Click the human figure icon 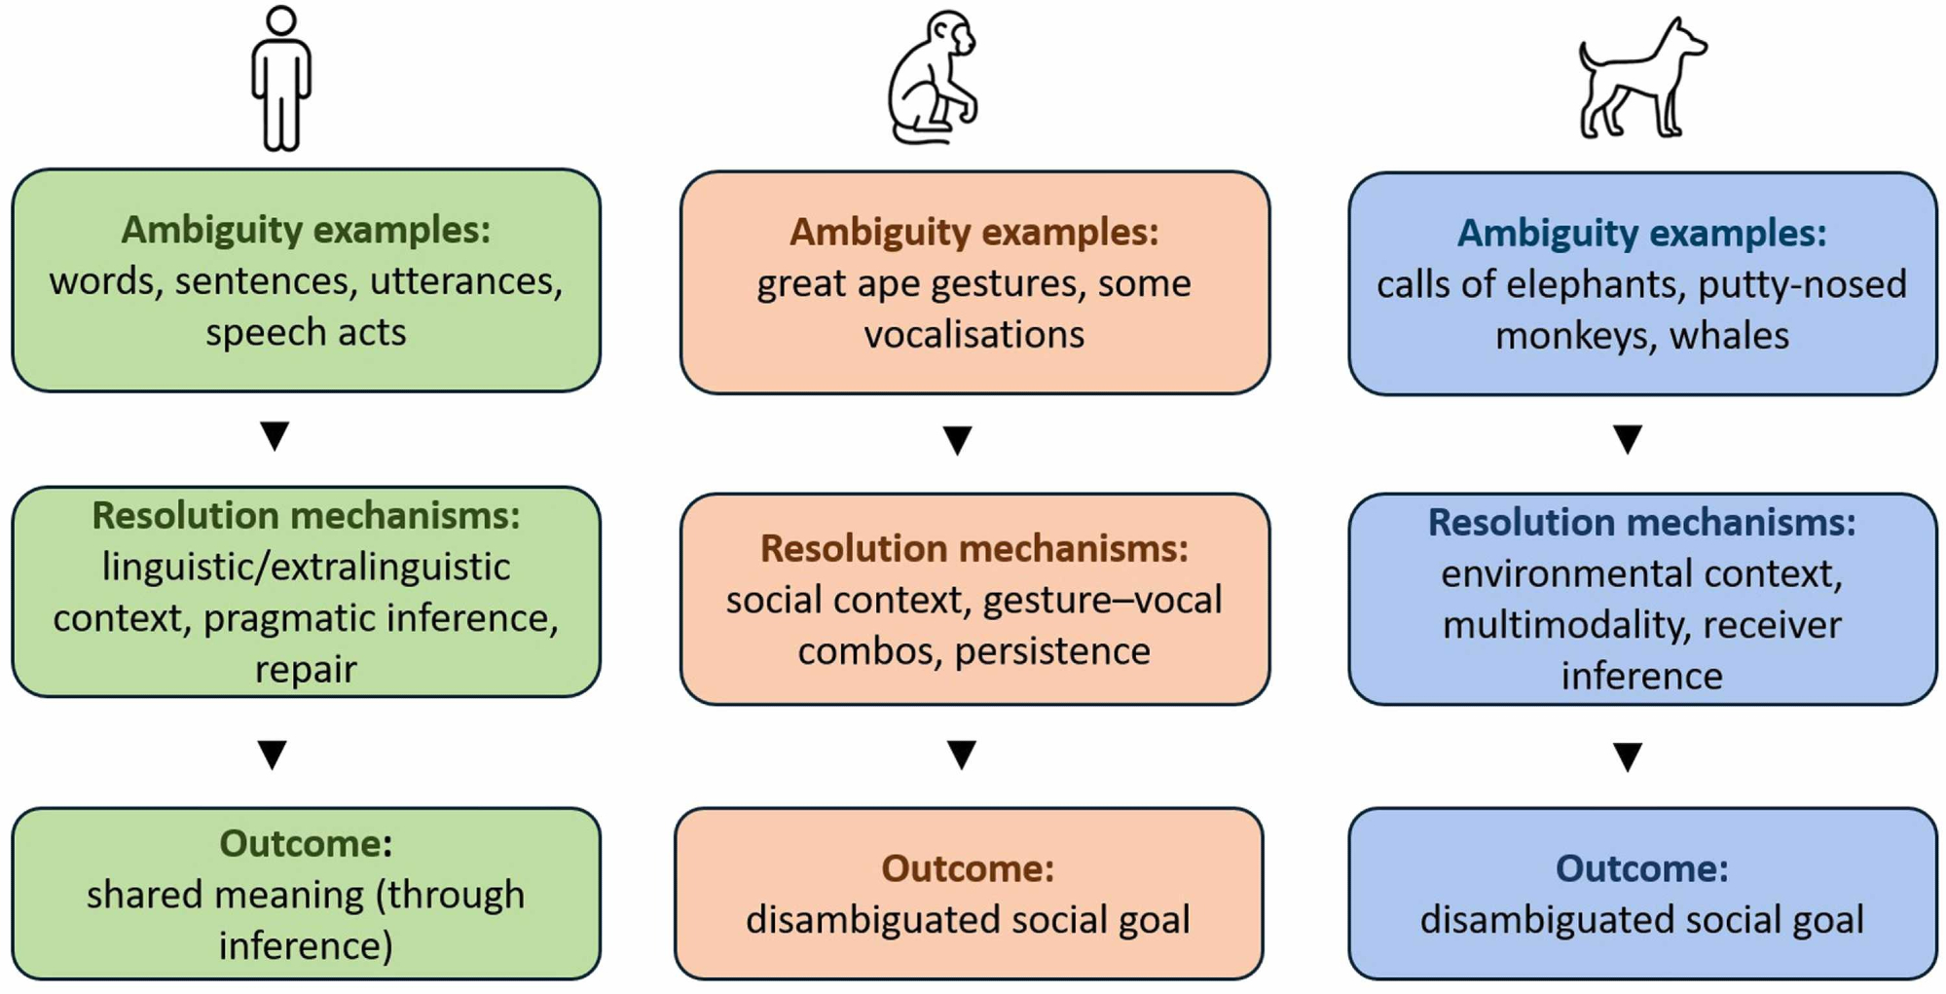tap(281, 78)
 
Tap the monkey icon tap(933, 78)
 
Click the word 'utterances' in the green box tap(465, 281)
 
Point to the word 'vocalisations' tap(973, 334)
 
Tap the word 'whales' tap(1729, 336)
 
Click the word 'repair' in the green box tap(306, 669)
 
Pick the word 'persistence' tap(1052, 650)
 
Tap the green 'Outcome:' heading tap(306, 843)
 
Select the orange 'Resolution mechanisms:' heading tap(973, 548)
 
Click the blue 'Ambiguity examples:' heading tap(1641, 233)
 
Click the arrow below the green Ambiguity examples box tap(275, 435)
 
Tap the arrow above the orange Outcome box tap(961, 754)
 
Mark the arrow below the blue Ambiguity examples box tap(1628, 438)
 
